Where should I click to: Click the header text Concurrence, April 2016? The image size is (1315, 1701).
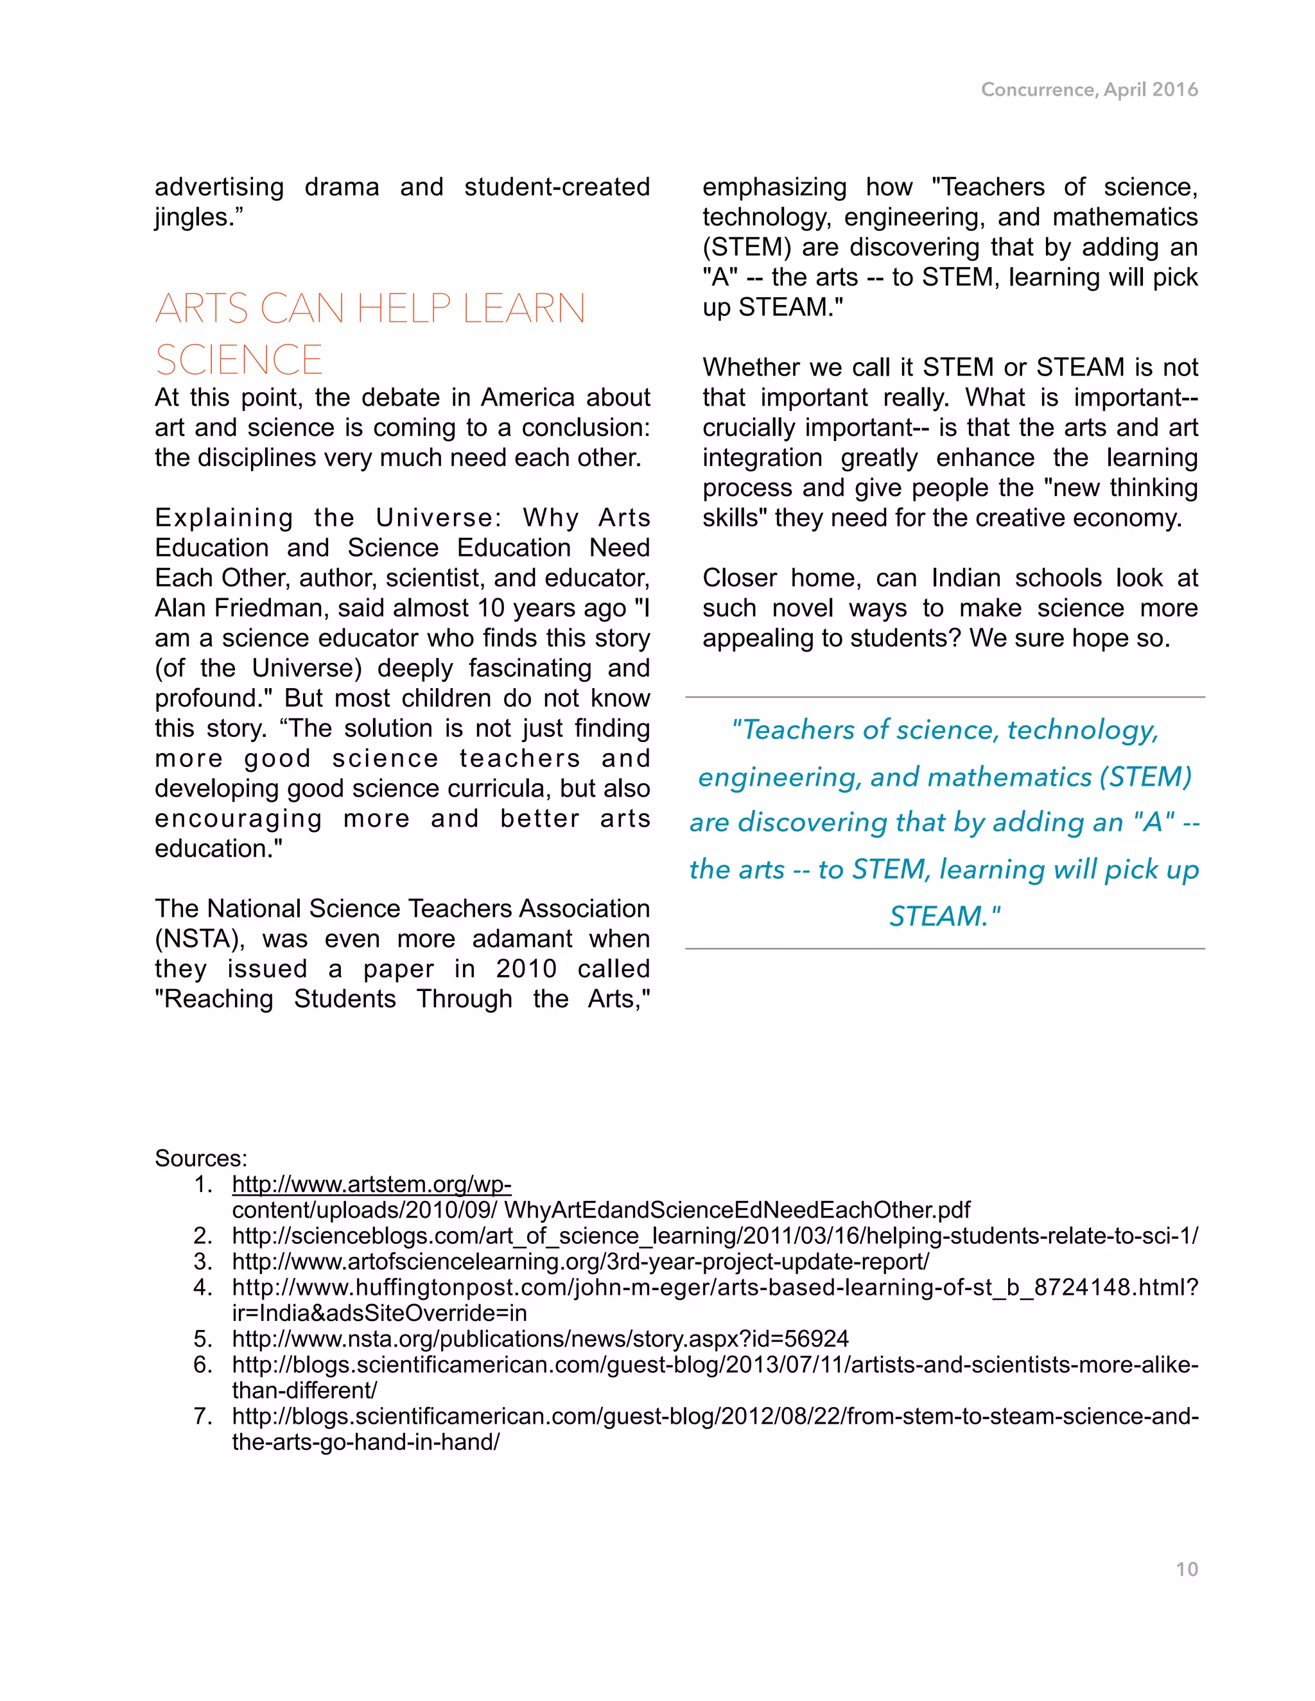coord(1089,90)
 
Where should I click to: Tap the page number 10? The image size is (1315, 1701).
coord(1187,1569)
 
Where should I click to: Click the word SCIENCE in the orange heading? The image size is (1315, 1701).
coord(238,360)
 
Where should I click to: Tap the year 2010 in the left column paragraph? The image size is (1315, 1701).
coord(526,969)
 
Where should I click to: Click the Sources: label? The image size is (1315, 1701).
coord(200,1158)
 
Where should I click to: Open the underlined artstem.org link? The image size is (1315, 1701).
coord(371,1185)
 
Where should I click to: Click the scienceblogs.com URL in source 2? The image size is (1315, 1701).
coord(715,1236)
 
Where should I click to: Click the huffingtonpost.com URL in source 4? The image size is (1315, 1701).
coord(715,1288)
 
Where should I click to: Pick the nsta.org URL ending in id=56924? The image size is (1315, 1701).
coord(540,1339)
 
